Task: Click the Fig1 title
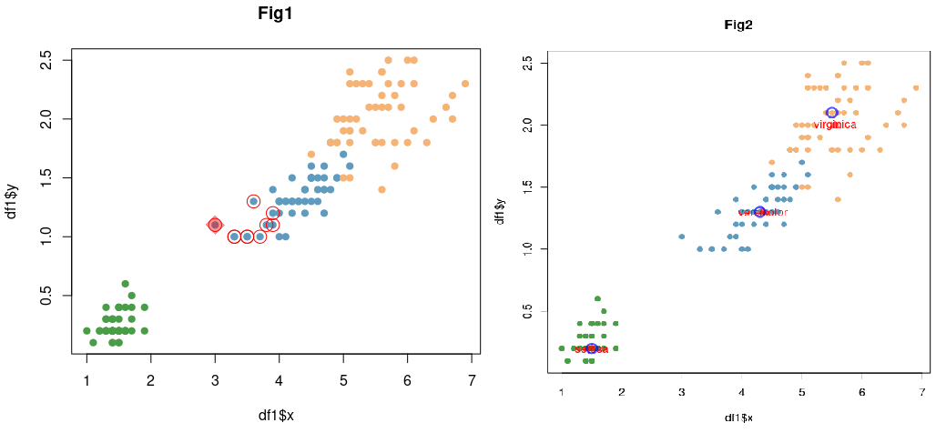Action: point(275,14)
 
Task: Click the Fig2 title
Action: point(738,25)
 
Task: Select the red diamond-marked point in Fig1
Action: point(215,225)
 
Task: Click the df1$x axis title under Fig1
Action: point(276,416)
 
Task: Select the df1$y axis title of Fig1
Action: point(13,201)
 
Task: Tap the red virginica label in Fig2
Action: point(835,125)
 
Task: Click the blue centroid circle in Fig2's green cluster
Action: point(591,348)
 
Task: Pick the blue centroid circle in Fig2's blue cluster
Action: point(759,212)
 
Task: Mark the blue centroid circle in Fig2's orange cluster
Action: point(832,113)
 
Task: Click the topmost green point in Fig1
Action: point(125,284)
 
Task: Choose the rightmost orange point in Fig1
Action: point(465,84)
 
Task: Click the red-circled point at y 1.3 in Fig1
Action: point(253,201)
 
